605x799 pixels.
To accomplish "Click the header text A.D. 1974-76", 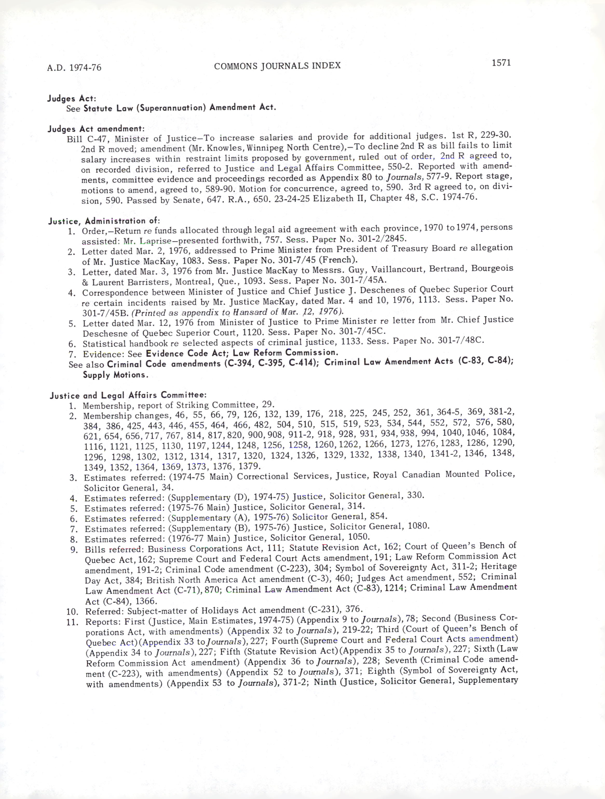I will tap(74, 67).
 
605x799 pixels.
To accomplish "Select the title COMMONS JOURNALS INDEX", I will tap(277, 66).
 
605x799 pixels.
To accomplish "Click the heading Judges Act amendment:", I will tap(96, 129).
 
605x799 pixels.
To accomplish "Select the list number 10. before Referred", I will tap(73, 612).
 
